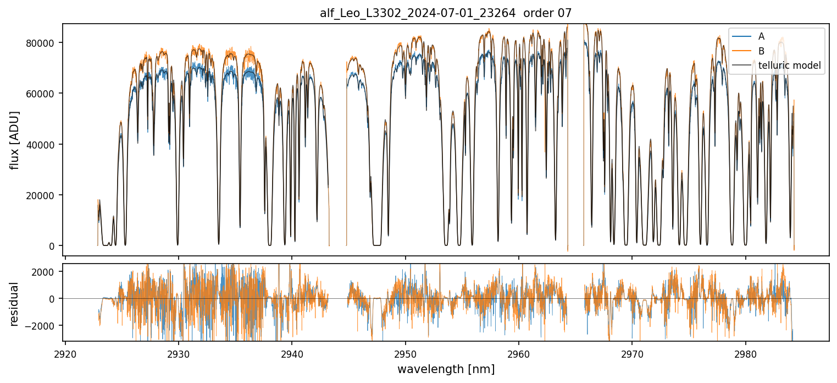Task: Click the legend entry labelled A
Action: (x=761, y=36)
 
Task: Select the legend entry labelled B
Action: (x=761, y=51)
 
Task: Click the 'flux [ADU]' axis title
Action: (x=15, y=140)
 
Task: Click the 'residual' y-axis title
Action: (x=15, y=304)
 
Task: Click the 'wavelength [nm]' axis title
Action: (x=446, y=369)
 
